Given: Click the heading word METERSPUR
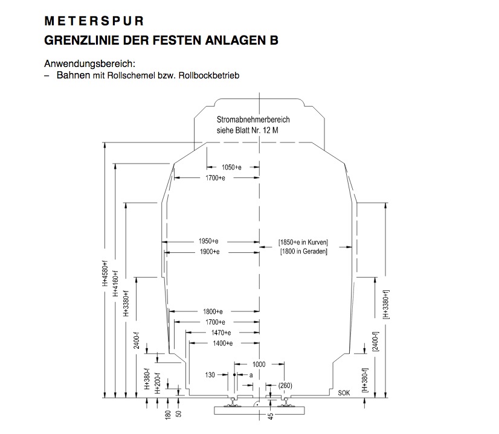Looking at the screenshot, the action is (94, 21).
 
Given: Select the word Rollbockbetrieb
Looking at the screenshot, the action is (209, 75).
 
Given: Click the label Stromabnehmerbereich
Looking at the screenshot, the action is (253, 120).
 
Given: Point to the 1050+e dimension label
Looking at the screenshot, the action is (231, 167).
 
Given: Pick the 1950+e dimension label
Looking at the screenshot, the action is (208, 241).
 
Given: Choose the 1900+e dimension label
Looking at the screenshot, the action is (210, 252).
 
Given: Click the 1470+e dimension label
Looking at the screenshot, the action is (221, 333).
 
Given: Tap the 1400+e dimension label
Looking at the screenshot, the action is (223, 343).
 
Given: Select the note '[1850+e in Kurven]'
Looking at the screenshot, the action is (303, 242).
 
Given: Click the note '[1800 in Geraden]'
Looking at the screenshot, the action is (304, 252).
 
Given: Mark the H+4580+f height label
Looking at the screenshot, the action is (105, 273).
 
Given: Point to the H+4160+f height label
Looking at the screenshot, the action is (116, 284).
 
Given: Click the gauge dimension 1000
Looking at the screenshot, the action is (259, 365).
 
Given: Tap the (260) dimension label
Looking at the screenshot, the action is (285, 386).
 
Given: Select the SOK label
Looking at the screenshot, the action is (344, 393).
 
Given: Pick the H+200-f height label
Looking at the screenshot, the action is (158, 383).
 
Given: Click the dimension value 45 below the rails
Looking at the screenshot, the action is (271, 416).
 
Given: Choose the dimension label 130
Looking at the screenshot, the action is (210, 375).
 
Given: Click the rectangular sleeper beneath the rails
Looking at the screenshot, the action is (259, 410).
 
